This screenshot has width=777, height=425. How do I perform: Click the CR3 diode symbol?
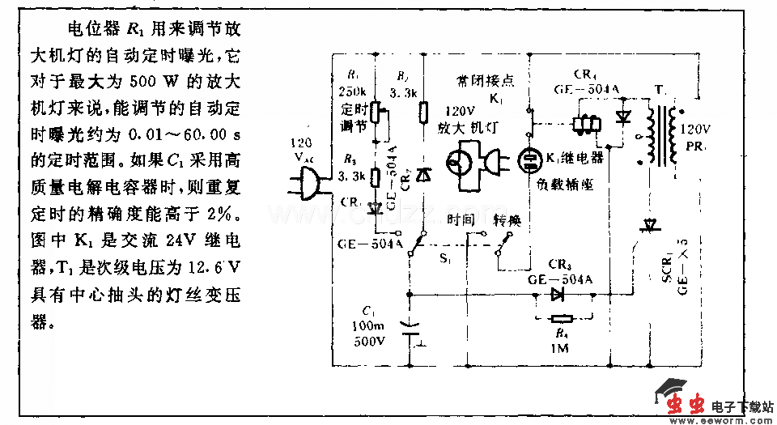pyautogui.click(x=558, y=295)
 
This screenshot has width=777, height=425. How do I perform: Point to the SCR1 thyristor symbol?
pyautogui.click(x=647, y=226)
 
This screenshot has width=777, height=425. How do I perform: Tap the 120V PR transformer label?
pyautogui.click(x=697, y=137)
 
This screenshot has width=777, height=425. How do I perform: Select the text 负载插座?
pyautogui.click(x=565, y=185)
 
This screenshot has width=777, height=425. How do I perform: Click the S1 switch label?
pyautogui.click(x=446, y=260)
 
